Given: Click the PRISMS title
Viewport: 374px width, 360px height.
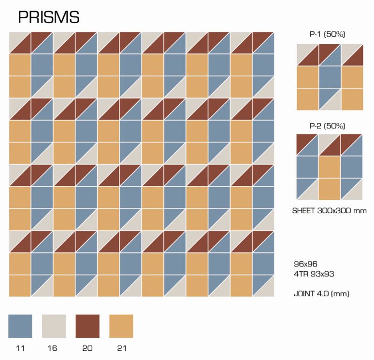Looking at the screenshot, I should coord(49,17).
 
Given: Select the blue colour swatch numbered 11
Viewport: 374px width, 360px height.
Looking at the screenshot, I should coord(20,326).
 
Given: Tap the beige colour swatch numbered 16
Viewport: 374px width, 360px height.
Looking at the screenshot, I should coord(54,326).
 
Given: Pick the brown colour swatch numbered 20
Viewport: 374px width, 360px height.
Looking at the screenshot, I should coord(87,326).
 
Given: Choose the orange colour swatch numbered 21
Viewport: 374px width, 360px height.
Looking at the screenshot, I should coord(121,326).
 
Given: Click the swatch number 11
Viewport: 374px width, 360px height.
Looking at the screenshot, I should coord(20,348).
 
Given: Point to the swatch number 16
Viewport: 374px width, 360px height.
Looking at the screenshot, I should coord(54,348).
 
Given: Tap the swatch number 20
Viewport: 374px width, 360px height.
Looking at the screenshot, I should coord(87,348).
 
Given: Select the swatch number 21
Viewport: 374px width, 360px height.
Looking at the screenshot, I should coord(121,348).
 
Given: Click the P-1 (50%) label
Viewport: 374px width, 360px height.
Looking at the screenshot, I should coord(327,34).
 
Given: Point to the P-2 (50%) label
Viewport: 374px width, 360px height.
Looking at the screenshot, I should coord(327,126).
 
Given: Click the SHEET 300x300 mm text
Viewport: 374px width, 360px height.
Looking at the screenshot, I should coord(330,210).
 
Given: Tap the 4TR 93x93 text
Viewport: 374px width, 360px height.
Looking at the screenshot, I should coord(314,274).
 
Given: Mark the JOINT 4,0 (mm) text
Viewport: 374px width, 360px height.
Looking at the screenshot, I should coord(321,293).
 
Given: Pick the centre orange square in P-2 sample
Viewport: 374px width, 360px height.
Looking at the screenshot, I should coord(330,167).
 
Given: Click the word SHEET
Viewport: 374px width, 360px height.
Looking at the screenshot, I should coord(305,210).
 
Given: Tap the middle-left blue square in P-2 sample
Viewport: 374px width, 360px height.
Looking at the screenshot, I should coord(307,167).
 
